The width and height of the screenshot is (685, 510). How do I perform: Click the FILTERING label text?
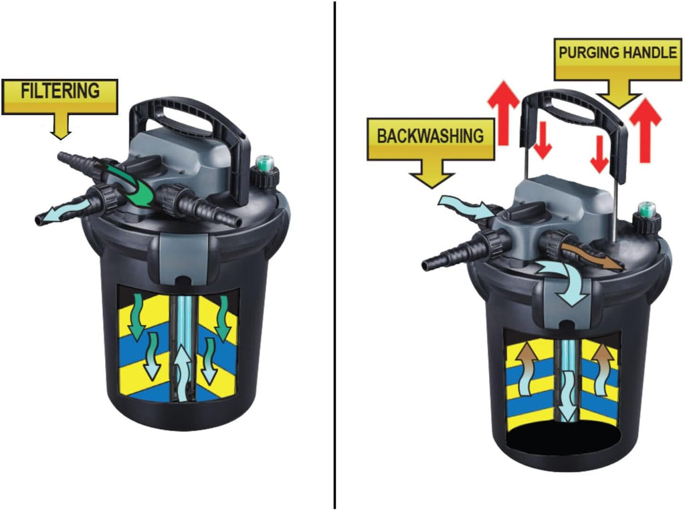coord(60,91)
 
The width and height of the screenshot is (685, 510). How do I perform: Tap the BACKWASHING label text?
coord(431,136)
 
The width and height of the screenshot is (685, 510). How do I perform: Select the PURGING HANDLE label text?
coord(617,52)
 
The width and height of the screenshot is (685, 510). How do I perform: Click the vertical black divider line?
coord(335,255)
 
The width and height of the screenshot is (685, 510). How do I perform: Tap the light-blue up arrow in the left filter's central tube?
coord(183,370)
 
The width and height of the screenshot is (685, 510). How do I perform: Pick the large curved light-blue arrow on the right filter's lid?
coord(563,279)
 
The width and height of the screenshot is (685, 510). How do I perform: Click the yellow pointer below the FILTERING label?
coord(61,125)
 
